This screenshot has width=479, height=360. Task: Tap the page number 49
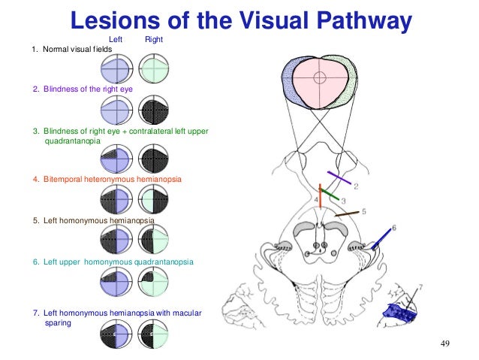tap(444, 344)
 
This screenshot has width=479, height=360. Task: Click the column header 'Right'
tap(155, 38)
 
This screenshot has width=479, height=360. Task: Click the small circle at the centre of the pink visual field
tap(320, 77)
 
